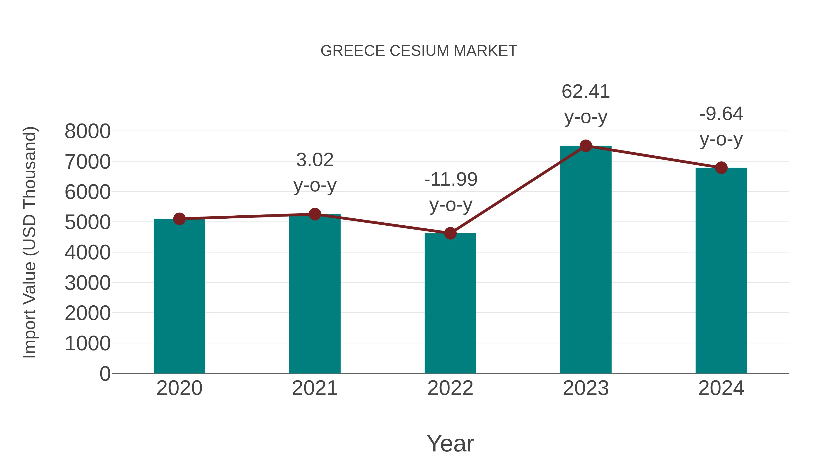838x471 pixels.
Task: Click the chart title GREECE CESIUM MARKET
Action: (x=419, y=51)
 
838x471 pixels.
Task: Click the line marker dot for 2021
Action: (x=314, y=214)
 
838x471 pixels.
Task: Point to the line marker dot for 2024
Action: (x=721, y=168)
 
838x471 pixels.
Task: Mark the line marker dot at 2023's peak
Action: (x=586, y=146)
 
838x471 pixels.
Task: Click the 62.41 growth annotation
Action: (x=586, y=92)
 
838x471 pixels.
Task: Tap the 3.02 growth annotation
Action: (x=314, y=160)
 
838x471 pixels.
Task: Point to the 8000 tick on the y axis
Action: (x=88, y=132)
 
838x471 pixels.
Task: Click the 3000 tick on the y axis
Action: (x=88, y=283)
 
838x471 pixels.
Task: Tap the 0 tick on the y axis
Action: (x=105, y=374)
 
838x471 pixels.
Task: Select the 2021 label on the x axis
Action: (x=314, y=388)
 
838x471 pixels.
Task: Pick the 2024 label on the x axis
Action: (x=721, y=388)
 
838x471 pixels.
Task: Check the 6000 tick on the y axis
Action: (x=88, y=192)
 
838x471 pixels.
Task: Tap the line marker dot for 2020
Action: (x=179, y=219)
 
